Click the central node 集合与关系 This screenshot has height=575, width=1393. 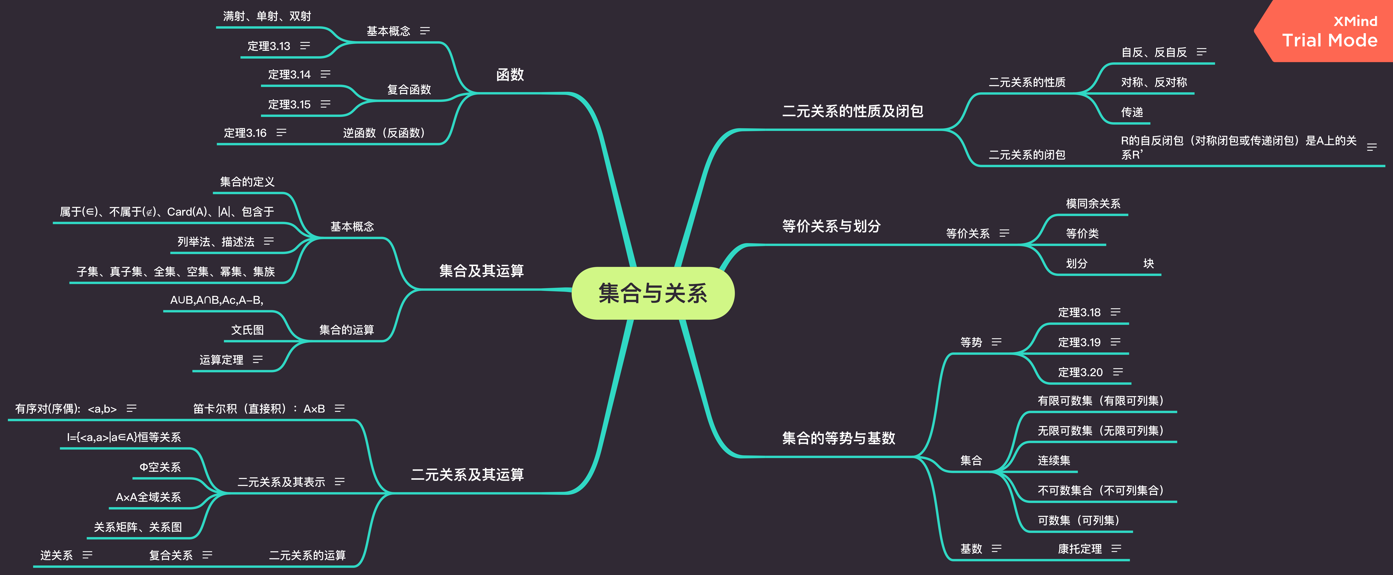click(653, 293)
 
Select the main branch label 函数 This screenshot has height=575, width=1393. click(510, 75)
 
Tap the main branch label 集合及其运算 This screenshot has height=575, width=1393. click(481, 271)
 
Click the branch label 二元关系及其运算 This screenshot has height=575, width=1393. click(467, 475)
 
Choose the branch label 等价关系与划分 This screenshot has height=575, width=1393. click(831, 226)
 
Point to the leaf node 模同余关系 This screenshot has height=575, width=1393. click(1093, 204)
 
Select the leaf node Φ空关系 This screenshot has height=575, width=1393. click(160, 467)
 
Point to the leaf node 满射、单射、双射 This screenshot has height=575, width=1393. click(267, 16)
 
